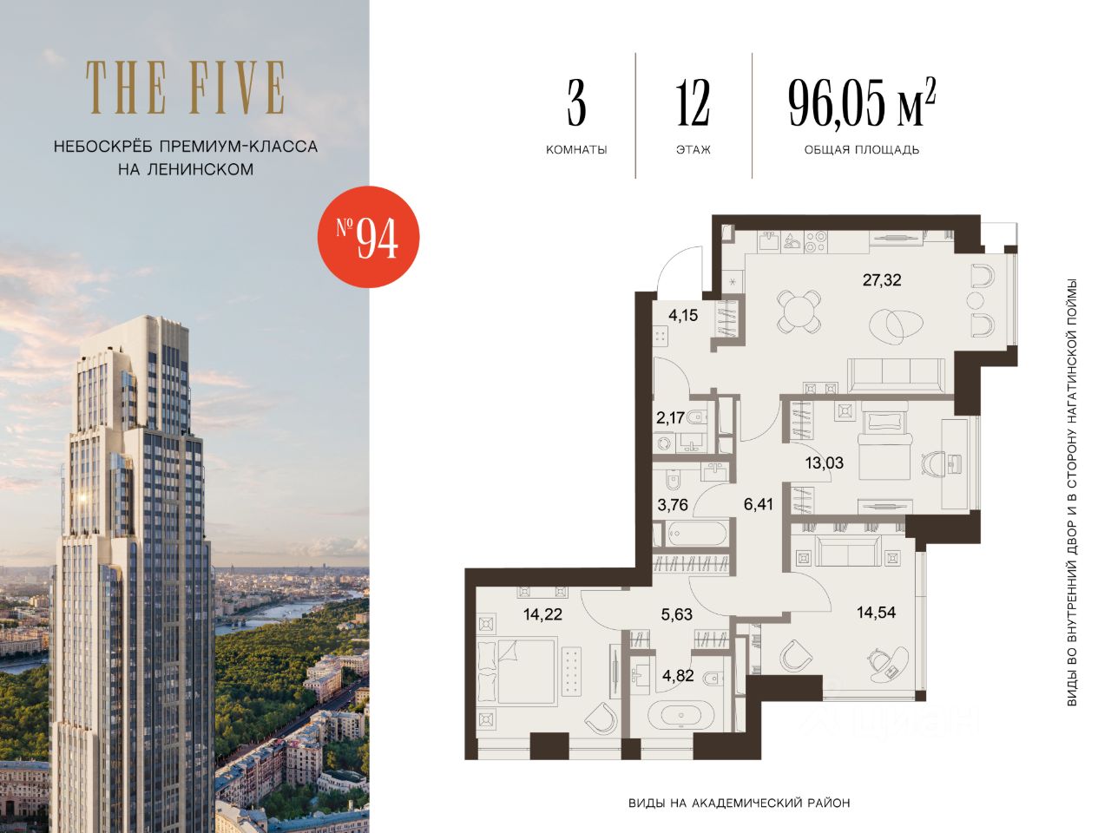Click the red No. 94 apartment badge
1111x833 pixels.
coord(369,237)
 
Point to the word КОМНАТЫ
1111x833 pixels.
coord(576,150)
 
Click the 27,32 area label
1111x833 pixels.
coord(882,280)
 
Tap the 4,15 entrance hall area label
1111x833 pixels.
coord(683,316)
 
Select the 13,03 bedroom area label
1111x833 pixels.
coord(825,462)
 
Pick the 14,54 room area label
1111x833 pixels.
coord(876,613)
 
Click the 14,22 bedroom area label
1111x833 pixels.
coord(542,614)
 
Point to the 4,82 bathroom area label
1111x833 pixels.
coord(678,676)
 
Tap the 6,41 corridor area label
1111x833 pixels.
coord(759,504)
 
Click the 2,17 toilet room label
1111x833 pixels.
coord(671,417)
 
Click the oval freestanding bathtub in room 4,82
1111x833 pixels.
coord(680,716)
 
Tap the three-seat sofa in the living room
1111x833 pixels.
coord(897,375)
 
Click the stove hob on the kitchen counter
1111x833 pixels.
coord(815,241)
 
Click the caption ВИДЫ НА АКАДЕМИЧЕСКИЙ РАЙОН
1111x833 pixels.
coord(739,803)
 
